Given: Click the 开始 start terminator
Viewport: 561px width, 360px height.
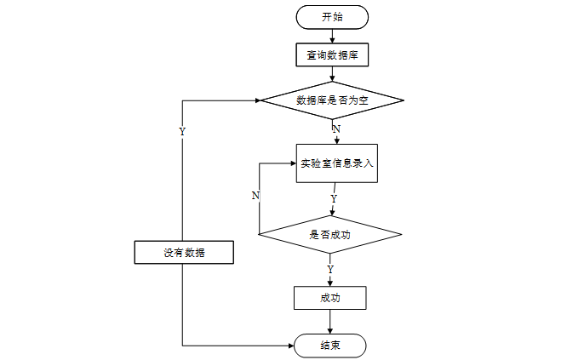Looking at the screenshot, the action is coord(332,17).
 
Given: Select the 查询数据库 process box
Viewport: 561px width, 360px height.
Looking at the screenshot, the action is coord(332,54).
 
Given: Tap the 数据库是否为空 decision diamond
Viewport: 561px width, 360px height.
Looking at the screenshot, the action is coord(332,100).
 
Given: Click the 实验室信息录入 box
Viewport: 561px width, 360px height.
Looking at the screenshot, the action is coord(336,163).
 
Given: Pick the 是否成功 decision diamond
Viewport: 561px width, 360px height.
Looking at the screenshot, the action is coord(329,234).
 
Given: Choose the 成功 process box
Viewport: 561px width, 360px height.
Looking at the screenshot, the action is coord(329,298).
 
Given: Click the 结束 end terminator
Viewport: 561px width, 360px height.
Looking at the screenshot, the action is coord(329,346).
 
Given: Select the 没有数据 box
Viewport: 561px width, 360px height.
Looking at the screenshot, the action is coord(184,252).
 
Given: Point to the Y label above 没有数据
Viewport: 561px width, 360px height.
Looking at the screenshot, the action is coord(182,132).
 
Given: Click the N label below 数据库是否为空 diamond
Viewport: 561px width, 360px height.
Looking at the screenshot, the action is coord(336,129).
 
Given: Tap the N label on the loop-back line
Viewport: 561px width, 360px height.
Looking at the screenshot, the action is coord(255,196).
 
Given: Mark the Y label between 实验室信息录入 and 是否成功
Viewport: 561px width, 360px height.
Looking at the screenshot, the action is coord(334,198).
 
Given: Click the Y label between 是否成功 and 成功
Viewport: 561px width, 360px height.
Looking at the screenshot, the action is coord(330,269).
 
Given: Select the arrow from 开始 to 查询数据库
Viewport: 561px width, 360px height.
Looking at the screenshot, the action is coord(332,36).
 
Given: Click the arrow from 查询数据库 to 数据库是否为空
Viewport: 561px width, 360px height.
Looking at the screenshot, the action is coord(332,74).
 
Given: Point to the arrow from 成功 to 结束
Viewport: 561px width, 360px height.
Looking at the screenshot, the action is coord(329,322).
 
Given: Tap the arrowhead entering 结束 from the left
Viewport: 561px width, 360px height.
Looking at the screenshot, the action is coord(291,346).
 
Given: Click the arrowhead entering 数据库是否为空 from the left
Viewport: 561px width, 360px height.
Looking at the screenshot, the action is coord(258,100).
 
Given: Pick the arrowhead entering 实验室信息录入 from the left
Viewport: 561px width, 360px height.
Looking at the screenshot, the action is coord(294,163).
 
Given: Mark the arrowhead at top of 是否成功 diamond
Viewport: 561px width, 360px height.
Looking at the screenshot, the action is coord(332,213).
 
